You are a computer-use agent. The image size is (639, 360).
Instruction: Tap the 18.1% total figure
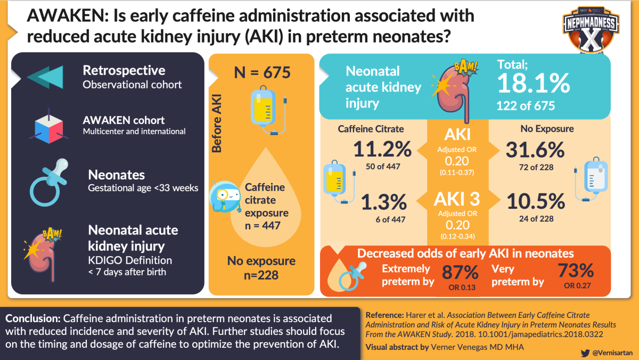533,83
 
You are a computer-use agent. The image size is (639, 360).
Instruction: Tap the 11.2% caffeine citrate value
382,150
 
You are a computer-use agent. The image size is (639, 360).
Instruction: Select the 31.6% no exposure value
536,150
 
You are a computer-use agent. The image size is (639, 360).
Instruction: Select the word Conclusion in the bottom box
32,319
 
